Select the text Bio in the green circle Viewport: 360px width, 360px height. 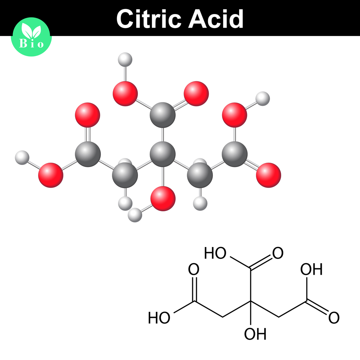[x=32, y=44]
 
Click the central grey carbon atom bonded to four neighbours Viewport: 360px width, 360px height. [x=162, y=154]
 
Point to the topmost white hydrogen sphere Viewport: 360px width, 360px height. [x=125, y=59]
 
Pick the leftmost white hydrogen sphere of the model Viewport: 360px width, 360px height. [x=22, y=158]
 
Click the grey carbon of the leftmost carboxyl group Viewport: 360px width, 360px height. [x=88, y=154]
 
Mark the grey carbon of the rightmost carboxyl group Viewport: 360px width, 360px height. [x=235, y=154]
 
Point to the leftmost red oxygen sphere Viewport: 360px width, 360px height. [x=51, y=175]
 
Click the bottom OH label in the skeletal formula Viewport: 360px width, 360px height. [x=255, y=334]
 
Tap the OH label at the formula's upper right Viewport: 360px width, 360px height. [x=312, y=269]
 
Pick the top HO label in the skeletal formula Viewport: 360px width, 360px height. [x=215, y=253]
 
